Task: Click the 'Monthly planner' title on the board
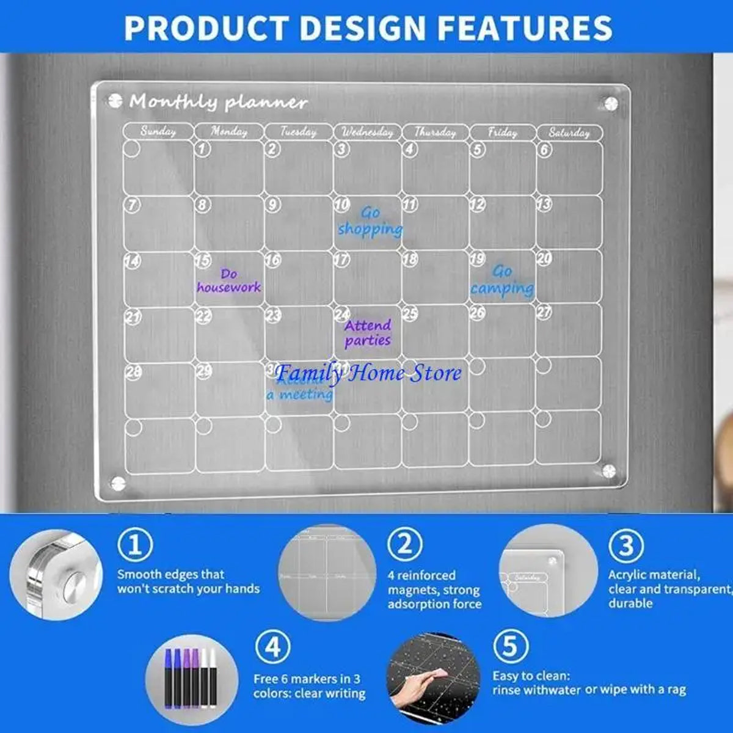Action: point(218,101)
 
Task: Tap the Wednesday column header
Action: point(367,131)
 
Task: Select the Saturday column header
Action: point(569,132)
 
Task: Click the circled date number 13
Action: point(544,204)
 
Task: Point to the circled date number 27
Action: point(544,312)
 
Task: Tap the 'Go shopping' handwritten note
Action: point(370,221)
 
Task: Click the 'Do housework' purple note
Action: point(228,280)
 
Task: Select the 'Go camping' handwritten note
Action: point(502,280)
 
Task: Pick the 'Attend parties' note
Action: point(367,333)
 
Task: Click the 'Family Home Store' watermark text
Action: point(368,372)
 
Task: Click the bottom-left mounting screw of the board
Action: point(118,483)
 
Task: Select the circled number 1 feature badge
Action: point(135,544)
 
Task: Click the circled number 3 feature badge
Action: point(626,544)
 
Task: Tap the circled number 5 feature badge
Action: point(510,646)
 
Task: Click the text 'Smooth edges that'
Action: point(170,574)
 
